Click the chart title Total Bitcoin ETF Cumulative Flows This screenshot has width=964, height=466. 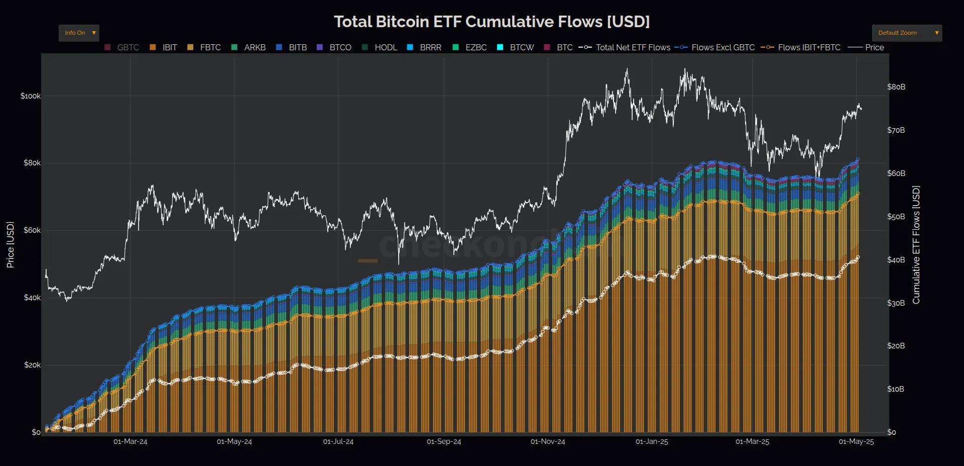pos(492,22)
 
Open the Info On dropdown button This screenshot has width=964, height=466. pos(79,33)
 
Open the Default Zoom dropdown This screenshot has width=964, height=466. pos(906,33)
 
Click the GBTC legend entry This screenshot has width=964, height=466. pos(122,47)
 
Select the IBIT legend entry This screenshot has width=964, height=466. pos(164,47)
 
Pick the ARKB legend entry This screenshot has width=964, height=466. pos(249,47)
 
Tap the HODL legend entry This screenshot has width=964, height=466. pos(380,47)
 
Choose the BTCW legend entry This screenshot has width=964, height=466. pos(516,47)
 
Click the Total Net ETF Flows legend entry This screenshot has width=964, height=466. pos(625,47)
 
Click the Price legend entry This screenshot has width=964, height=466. pos(867,47)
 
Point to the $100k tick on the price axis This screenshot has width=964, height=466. pos(30,96)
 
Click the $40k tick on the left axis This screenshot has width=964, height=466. pos(32,298)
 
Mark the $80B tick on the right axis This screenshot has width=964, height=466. pos(896,87)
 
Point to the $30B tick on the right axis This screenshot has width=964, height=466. pos(896,303)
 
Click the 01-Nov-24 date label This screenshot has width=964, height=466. pos(548,442)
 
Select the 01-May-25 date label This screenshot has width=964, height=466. pos(856,442)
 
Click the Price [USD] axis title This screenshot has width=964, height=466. pos(10,244)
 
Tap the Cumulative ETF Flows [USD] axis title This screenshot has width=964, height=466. pos(916,245)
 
